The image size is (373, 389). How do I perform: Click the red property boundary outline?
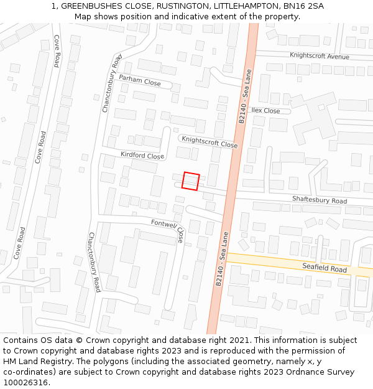click(x=190, y=180)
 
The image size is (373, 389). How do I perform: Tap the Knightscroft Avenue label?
click(x=320, y=56)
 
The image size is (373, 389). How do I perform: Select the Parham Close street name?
click(x=140, y=81)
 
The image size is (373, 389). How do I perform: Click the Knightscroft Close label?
click(x=209, y=141)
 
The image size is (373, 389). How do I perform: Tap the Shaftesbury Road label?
click(x=320, y=201)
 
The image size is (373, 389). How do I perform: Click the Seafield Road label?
click(x=325, y=269)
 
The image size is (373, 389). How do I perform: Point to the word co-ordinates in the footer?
click(x=26, y=372)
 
